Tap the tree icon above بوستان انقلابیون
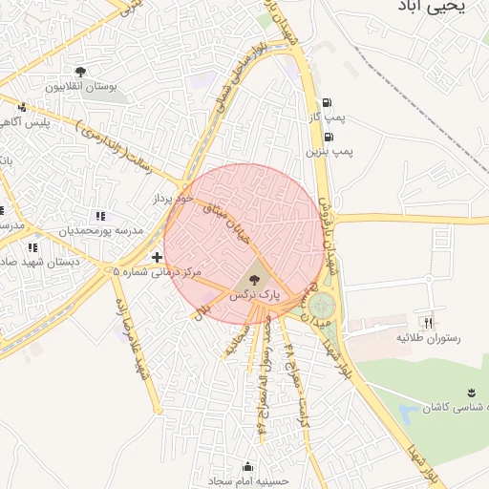(81, 72)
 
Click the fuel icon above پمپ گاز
(329, 103)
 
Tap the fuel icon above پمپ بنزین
(329, 137)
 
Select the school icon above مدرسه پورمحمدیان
(101, 217)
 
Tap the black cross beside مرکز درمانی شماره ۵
(157, 257)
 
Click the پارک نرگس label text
(254, 296)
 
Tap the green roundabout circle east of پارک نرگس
(322, 307)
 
